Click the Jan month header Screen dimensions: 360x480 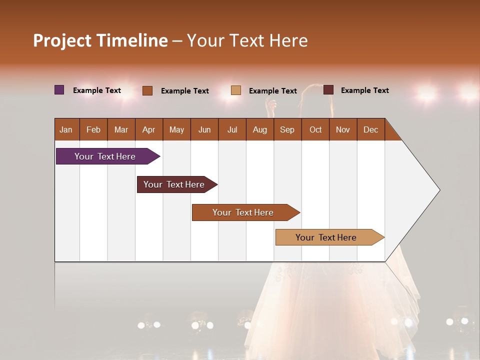click(x=66, y=129)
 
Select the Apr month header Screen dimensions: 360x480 click(x=149, y=129)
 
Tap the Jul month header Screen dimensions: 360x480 click(x=232, y=129)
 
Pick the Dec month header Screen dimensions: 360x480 click(x=370, y=129)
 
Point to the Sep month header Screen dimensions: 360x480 click(x=287, y=129)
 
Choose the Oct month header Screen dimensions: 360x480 click(x=315, y=129)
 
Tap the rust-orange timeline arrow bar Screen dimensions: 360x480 click(x=243, y=212)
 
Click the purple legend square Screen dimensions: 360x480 click(x=59, y=90)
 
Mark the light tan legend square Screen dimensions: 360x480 click(x=236, y=90)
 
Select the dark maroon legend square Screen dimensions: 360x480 click(x=328, y=90)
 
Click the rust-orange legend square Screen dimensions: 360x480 click(x=147, y=90)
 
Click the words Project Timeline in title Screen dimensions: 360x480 click(x=100, y=40)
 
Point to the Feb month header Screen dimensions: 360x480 click(x=93, y=129)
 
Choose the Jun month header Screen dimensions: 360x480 click(x=204, y=129)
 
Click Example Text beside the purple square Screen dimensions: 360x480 click(x=97, y=90)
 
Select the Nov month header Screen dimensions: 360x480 click(x=343, y=129)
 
